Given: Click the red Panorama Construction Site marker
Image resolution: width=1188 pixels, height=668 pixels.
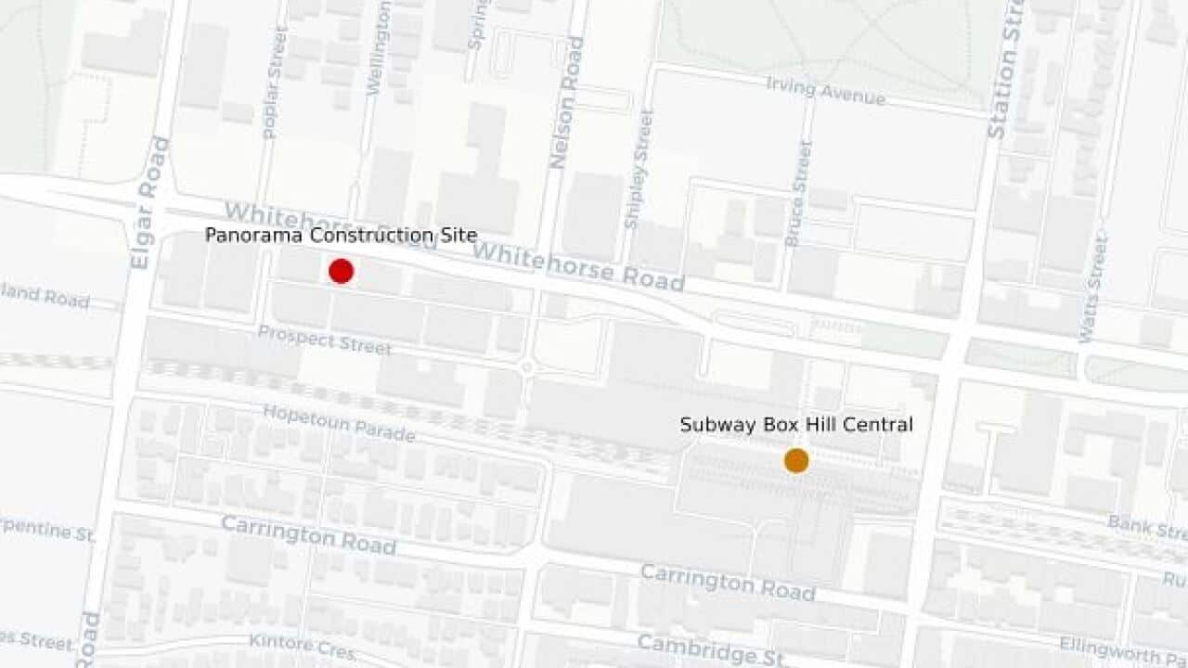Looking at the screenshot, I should click(341, 271).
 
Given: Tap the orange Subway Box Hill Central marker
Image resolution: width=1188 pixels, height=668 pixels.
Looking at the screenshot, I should click(796, 460).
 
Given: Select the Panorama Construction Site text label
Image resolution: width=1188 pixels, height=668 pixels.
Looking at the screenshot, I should click(341, 236).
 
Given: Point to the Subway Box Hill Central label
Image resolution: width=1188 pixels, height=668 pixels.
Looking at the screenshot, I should click(796, 425).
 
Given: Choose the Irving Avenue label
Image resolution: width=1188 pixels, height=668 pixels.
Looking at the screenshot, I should click(825, 91).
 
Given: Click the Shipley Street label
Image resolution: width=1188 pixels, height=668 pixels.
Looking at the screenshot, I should click(639, 170).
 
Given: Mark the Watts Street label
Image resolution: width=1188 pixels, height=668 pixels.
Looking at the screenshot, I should click(1093, 288).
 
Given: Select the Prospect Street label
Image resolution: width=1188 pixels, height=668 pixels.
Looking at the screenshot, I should click(324, 340).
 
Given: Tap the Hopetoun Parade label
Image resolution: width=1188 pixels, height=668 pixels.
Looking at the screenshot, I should click(339, 423).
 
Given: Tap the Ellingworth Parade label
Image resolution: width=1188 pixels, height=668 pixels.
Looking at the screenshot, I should click(1124, 649).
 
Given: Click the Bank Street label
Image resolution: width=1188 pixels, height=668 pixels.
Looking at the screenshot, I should click(1147, 527).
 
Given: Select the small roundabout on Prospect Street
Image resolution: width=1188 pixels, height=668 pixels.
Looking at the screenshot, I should click(527, 367).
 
